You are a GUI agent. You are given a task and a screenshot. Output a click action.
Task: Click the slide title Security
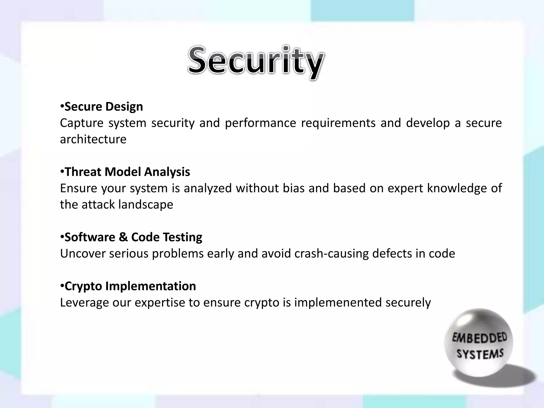(256, 62)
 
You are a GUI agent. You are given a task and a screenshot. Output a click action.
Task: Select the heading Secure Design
(104, 107)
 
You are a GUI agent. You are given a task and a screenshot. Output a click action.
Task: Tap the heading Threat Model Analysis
(127, 172)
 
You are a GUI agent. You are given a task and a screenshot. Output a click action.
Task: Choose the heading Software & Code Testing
(133, 237)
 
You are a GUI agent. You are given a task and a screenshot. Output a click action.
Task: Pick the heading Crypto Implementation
(130, 286)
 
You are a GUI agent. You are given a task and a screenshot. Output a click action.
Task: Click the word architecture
(93, 139)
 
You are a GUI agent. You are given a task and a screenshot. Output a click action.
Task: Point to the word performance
(260, 123)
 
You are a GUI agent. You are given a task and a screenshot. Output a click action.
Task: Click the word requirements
(338, 123)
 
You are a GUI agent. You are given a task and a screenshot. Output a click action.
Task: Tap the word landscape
(146, 205)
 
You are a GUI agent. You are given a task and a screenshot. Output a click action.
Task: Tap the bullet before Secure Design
(62, 106)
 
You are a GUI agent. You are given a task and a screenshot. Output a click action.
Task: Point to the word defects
(392, 254)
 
